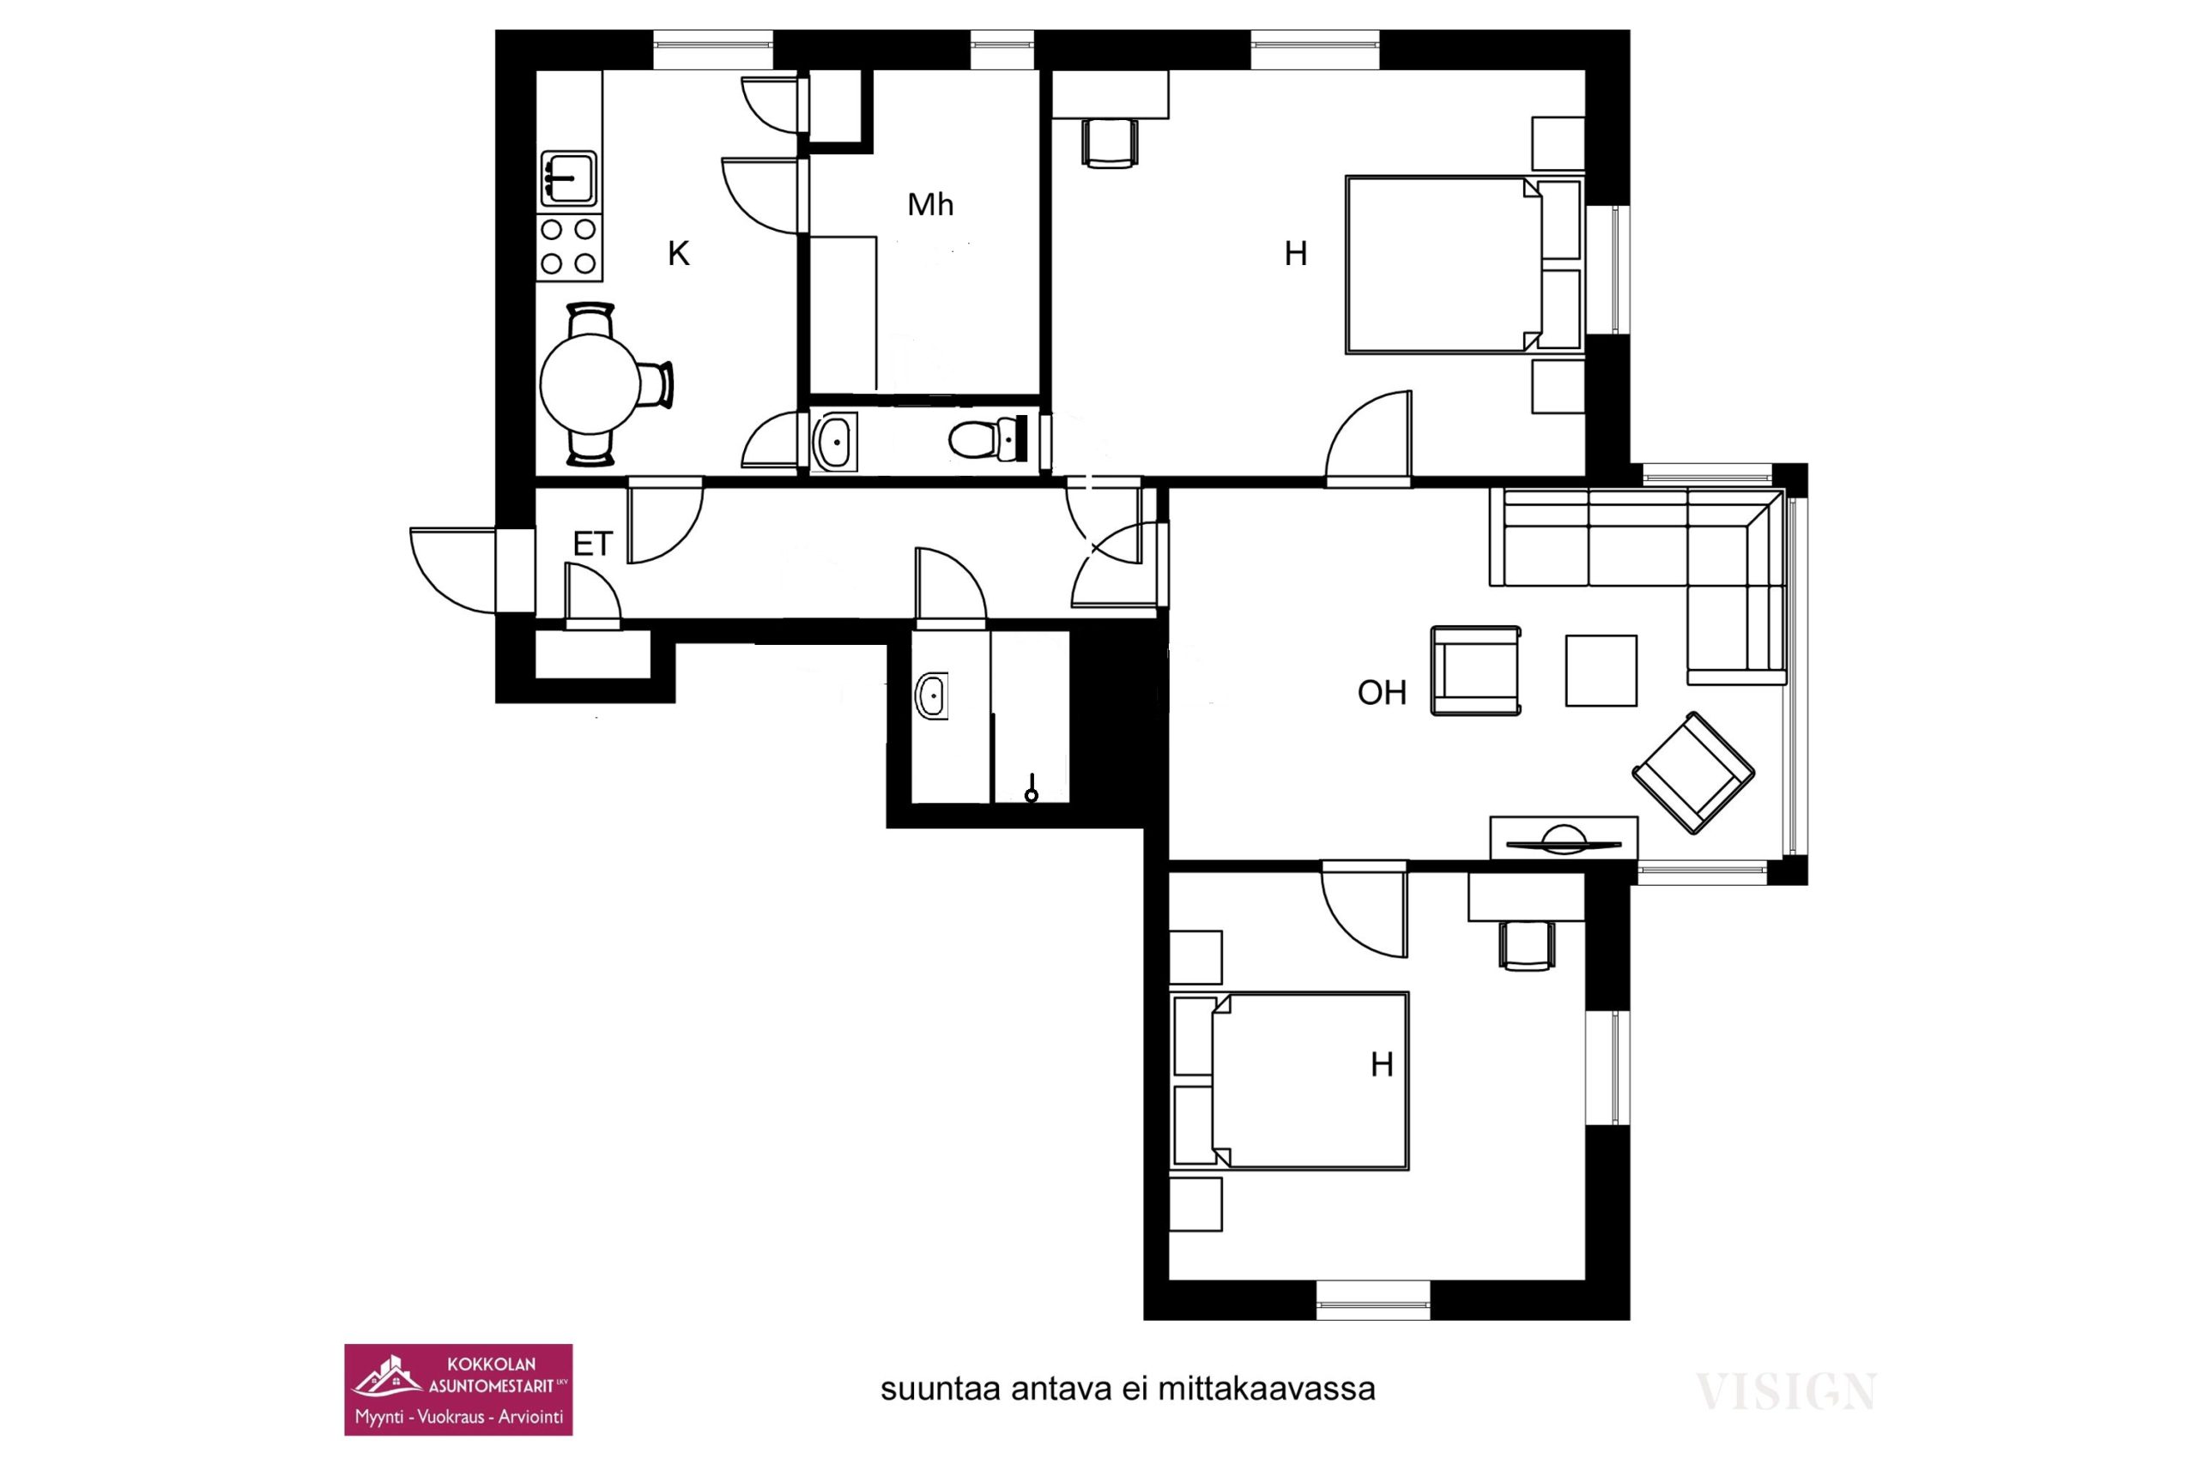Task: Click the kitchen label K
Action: click(678, 253)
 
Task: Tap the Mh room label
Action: click(930, 204)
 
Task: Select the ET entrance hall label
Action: click(592, 544)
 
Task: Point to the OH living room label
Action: click(1382, 692)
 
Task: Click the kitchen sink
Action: click(568, 178)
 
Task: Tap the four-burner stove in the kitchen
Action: click(569, 247)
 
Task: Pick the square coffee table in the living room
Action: click(1601, 671)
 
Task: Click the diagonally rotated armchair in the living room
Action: click(1692, 772)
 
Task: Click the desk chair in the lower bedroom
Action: click(1527, 946)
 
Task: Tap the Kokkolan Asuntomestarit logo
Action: click(457, 1389)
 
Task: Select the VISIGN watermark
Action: click(1786, 1392)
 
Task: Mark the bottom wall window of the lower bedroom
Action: click(1372, 1299)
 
